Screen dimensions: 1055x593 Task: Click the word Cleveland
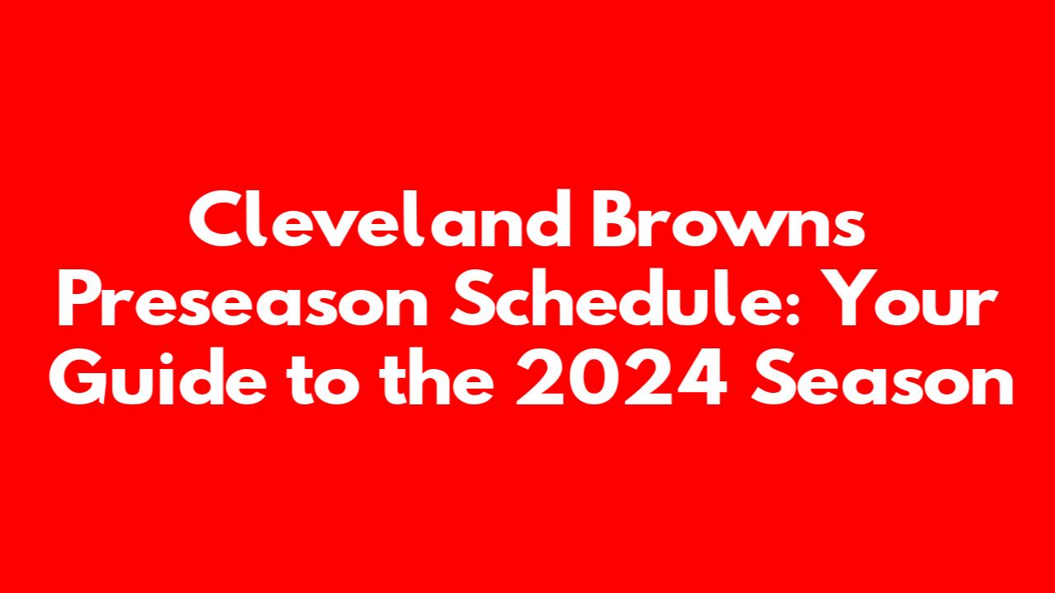pyautogui.click(x=380, y=218)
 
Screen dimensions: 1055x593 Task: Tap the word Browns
pyautogui.click(x=728, y=219)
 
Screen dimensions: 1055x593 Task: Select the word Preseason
pyautogui.click(x=242, y=298)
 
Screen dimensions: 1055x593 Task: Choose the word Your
pyautogui.click(x=909, y=298)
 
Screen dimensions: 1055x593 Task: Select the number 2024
pyautogui.click(x=621, y=377)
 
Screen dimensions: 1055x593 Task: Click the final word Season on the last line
pyautogui.click(x=882, y=377)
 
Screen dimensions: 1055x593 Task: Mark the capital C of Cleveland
pyautogui.click(x=218, y=219)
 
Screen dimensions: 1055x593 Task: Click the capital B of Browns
pyautogui.click(x=614, y=219)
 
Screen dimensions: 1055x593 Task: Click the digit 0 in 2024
pyautogui.click(x=596, y=377)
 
